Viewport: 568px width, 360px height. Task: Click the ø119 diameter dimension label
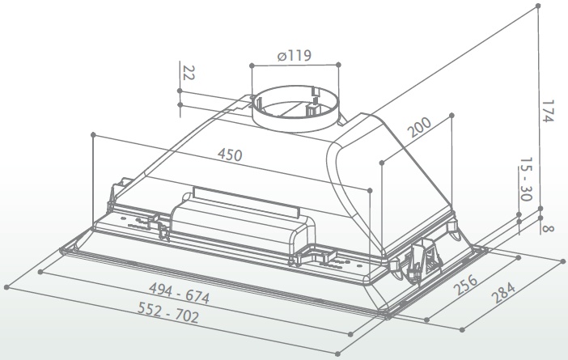[295, 56]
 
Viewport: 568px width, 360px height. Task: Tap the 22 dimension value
[189, 73]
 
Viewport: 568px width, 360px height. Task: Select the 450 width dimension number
[230, 155]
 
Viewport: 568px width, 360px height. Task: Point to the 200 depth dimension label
[420, 127]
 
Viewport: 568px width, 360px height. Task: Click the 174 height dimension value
[548, 111]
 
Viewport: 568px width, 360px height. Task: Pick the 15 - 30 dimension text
[526, 179]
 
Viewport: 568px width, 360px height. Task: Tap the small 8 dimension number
[549, 229]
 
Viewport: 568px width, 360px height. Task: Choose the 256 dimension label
[466, 285]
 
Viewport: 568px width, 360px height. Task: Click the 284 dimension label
[502, 293]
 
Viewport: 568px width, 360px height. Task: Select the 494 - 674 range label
[180, 293]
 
